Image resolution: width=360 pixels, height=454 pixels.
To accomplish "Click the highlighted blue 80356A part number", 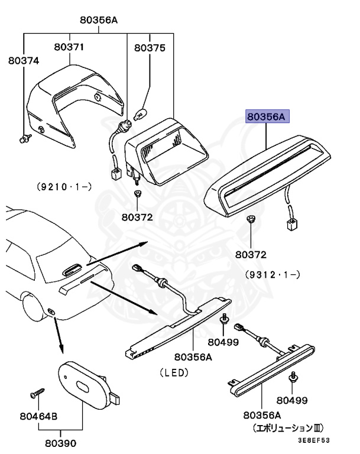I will coord(267,117).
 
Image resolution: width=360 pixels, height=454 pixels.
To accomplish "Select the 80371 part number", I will coord(69,47).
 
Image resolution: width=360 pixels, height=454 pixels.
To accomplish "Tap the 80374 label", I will coord(22,60).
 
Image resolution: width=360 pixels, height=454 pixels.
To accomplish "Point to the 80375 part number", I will coord(150,48).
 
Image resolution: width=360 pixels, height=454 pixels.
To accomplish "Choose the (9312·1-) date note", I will coord(273,274).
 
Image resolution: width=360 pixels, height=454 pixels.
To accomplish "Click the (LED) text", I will coord(173,372).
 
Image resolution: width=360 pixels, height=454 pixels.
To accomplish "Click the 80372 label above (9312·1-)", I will coord(251,255).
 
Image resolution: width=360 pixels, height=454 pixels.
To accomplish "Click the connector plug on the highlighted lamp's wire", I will coord(292,224).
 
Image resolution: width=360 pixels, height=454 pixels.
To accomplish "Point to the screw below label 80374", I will coord(24,139).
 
